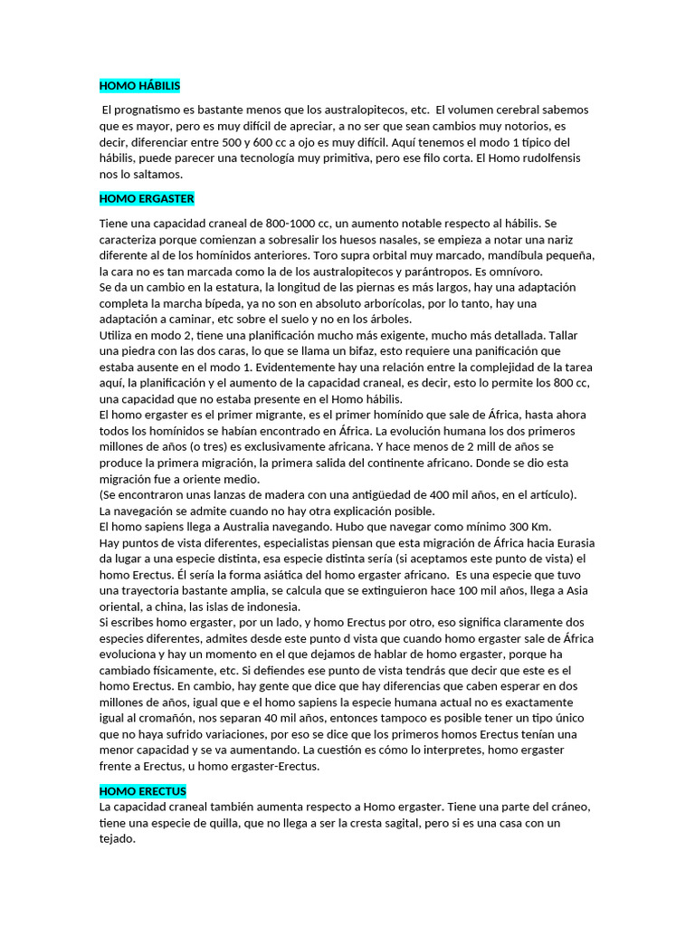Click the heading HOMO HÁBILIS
click(139, 86)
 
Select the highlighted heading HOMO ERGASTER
click(147, 198)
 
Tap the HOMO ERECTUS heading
click(142, 791)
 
